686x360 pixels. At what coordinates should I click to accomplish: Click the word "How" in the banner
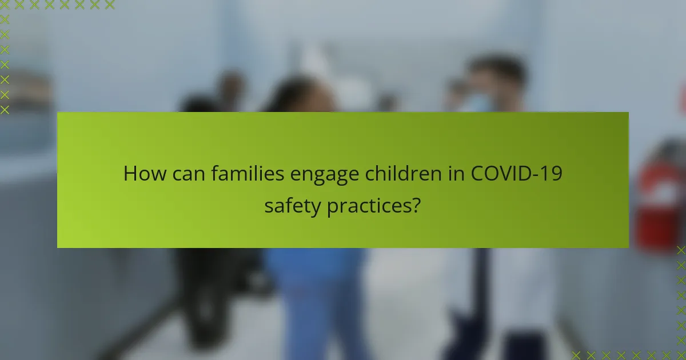pos(141,174)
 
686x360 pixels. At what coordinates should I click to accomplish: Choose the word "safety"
pos(292,205)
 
